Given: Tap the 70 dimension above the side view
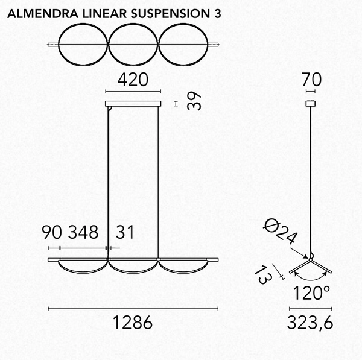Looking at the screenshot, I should coord(312,79).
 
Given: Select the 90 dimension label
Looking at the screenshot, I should coord(53,232).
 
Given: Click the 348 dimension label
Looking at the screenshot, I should coord(84,232).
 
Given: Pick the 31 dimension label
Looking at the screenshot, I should coord(123,232).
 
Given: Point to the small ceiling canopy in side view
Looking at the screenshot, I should coord(311,104).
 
